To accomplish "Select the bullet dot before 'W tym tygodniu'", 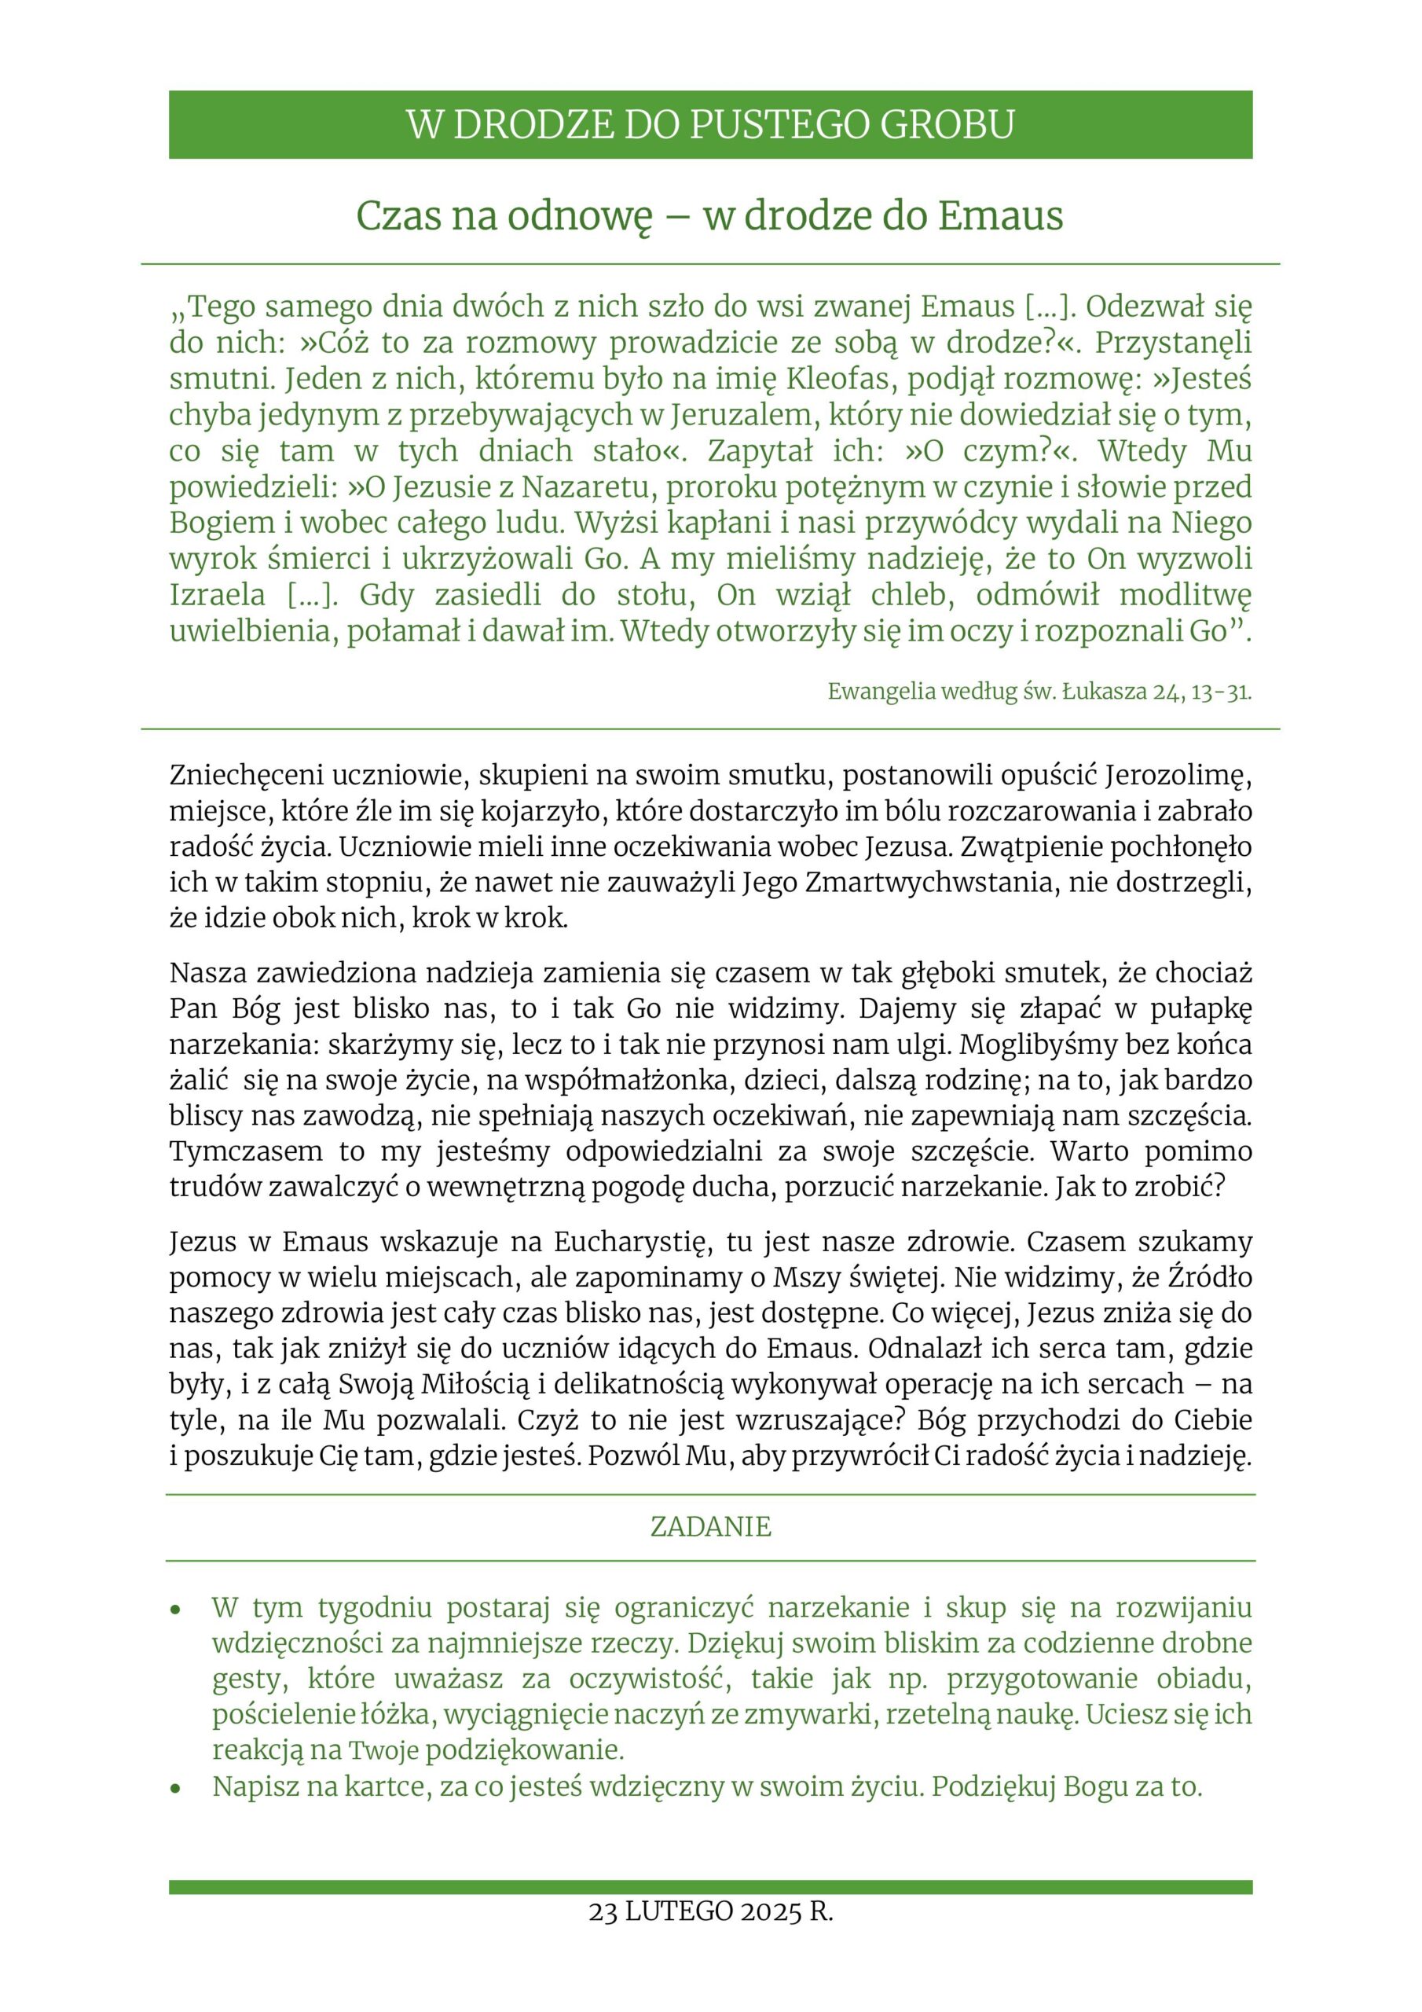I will pos(176,1610).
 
